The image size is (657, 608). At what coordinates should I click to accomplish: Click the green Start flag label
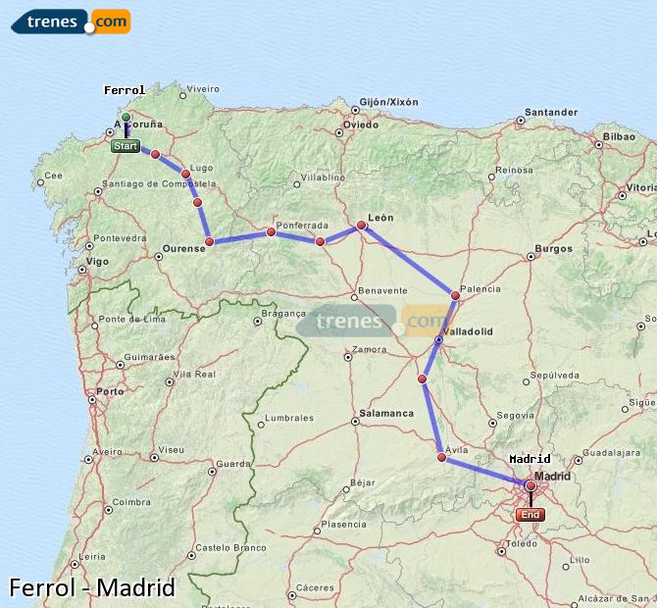click(x=125, y=146)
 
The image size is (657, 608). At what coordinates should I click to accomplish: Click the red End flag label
click(x=530, y=514)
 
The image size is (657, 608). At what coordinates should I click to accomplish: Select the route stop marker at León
click(x=361, y=226)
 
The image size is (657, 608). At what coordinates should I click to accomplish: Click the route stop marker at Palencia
click(x=455, y=295)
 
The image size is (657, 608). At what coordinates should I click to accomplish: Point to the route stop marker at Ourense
click(x=209, y=241)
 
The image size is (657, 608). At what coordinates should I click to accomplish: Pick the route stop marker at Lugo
click(x=185, y=174)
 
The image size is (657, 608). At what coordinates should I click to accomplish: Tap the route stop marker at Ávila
click(x=441, y=457)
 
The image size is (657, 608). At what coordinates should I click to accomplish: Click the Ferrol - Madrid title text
click(x=91, y=587)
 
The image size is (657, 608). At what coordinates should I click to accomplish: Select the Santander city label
click(x=550, y=112)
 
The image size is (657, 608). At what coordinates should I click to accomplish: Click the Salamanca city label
click(x=385, y=413)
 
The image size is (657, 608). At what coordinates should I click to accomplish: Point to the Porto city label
click(x=110, y=391)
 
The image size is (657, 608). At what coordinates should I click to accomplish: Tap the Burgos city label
click(x=554, y=248)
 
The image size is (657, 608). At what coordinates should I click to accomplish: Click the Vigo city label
click(x=97, y=262)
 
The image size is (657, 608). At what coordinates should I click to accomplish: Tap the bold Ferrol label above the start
click(x=125, y=90)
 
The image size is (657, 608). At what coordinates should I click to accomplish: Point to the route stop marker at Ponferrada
click(x=270, y=232)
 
